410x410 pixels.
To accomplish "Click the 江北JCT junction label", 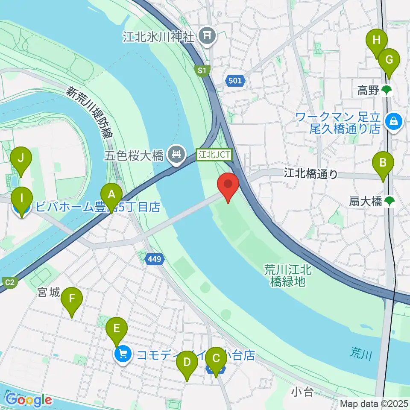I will tap(214, 154).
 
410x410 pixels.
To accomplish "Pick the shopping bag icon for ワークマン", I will tap(391, 122).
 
